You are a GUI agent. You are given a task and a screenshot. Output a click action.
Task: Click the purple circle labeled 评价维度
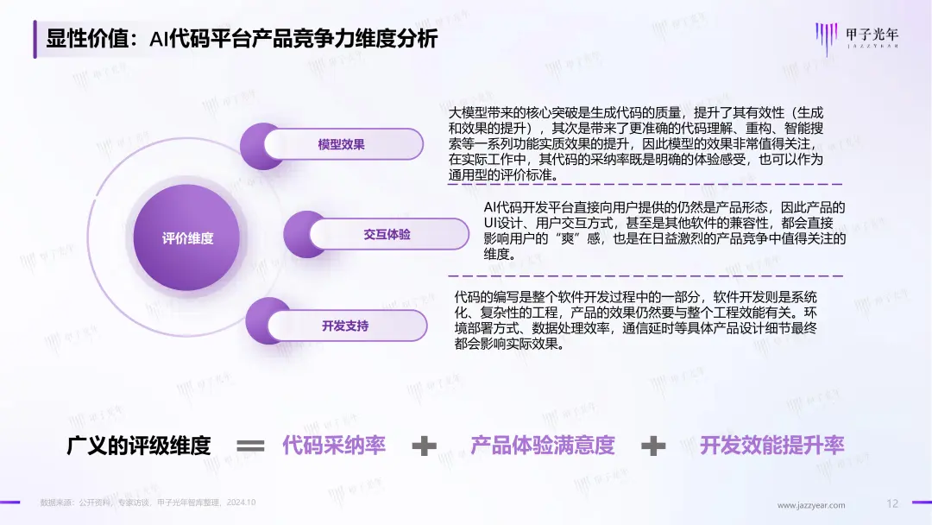[x=186, y=237]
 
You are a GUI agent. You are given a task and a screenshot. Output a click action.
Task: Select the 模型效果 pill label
[x=341, y=144]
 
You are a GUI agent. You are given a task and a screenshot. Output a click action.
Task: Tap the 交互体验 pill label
[x=387, y=234]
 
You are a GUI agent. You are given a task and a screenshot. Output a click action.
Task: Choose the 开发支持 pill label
[x=345, y=326]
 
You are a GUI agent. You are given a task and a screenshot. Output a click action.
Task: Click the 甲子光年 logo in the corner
[x=857, y=37]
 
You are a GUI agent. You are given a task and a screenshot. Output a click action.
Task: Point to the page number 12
[x=892, y=503]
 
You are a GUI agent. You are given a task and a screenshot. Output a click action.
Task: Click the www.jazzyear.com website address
[x=810, y=505]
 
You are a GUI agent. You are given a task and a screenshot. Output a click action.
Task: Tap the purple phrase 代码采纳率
[x=333, y=445]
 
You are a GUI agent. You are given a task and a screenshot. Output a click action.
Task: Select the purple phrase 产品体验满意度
[x=542, y=445]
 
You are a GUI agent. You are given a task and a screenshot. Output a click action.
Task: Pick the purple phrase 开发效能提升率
[x=771, y=445]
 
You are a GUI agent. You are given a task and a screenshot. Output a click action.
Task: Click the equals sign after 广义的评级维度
[x=250, y=446]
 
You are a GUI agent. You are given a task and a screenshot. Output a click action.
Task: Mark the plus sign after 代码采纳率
[x=425, y=446]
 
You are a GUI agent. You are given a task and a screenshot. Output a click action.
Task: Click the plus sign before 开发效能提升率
[x=653, y=446]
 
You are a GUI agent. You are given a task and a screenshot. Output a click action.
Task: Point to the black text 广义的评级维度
[x=138, y=445]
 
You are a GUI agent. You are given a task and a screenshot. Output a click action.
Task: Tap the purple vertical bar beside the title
[x=35, y=39]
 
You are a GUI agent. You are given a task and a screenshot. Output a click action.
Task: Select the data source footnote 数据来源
[x=148, y=503]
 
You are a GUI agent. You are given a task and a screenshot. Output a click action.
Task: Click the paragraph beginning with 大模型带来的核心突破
[x=635, y=144]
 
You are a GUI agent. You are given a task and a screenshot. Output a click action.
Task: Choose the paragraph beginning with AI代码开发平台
[x=664, y=231]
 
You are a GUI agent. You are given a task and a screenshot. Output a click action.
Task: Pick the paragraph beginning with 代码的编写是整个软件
[x=635, y=319]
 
